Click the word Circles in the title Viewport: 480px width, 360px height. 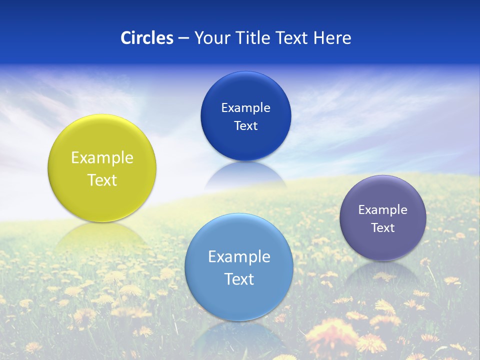point(147,38)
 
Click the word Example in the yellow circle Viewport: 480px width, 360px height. point(102,158)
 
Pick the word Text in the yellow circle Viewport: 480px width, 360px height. point(102,180)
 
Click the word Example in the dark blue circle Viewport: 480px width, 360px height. point(245,108)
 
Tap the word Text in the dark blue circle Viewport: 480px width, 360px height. point(245,125)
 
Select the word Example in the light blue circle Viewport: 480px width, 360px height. point(239,257)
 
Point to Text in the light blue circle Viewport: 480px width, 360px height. point(239,279)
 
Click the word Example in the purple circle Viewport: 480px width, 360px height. point(383,210)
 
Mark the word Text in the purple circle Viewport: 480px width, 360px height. point(383,228)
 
